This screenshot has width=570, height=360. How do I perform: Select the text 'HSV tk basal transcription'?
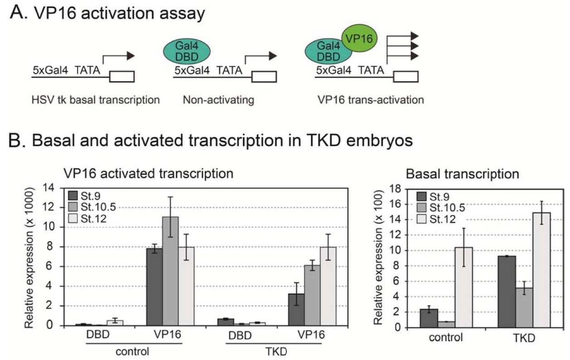click(x=96, y=100)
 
